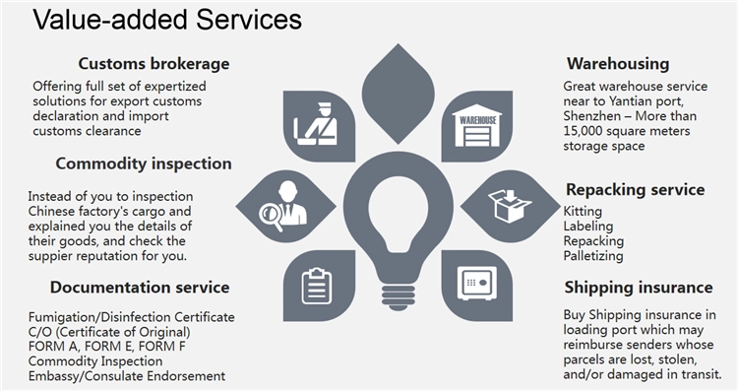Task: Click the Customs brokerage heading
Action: click(154, 64)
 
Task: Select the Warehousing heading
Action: click(618, 64)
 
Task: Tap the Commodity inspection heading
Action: click(144, 163)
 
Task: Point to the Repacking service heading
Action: click(636, 189)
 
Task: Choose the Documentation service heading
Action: click(140, 288)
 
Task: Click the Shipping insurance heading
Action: click(639, 288)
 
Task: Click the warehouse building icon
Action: click(477, 125)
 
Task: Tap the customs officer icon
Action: click(315, 124)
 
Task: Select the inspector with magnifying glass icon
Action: click(283, 207)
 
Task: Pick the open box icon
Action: click(510, 206)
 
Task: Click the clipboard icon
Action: click(316, 286)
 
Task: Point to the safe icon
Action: click(477, 284)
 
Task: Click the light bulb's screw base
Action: click(398, 296)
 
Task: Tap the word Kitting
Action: click(583, 212)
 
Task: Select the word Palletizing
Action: click(593, 256)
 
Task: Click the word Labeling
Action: click(588, 227)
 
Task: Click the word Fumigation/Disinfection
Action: click(99, 317)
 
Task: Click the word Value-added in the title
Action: click(111, 20)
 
